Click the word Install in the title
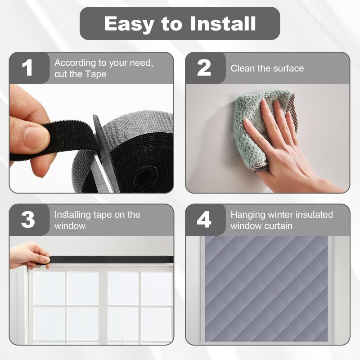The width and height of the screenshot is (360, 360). coord(223,23)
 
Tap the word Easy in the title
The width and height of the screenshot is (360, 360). coord(129,24)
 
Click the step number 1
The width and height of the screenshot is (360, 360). coord(27,67)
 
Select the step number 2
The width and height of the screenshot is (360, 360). coord(204,67)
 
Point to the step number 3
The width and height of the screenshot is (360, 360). coord(28,220)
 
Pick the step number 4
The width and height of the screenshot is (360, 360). coord(204,220)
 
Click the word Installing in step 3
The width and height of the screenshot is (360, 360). coord(72,215)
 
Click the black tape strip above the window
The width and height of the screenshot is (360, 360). coord(110,260)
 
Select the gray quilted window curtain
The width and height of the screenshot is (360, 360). coord(266,288)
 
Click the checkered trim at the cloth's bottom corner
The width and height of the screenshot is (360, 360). coord(259,167)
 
